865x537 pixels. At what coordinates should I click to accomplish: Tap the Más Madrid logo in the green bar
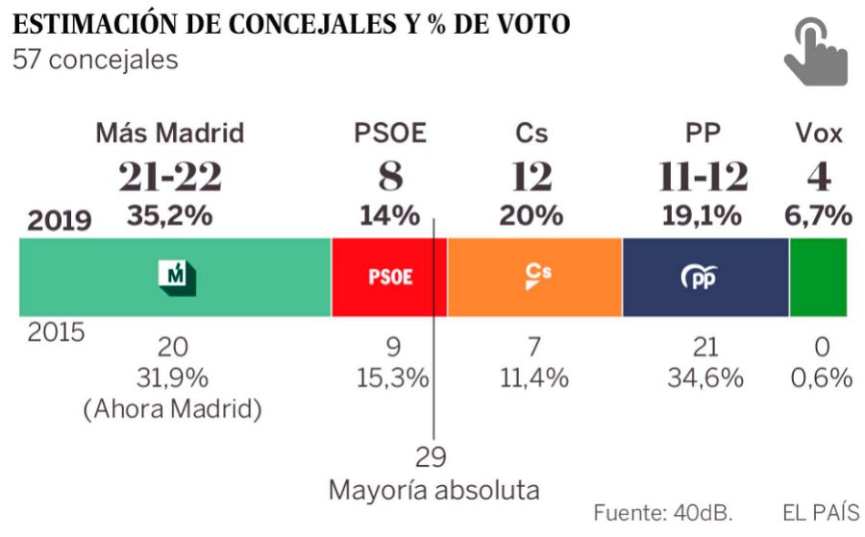pyautogui.click(x=176, y=277)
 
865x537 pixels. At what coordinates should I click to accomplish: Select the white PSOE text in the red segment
pyautogui.click(x=390, y=278)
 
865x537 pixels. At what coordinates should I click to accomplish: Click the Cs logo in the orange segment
pyautogui.click(x=537, y=277)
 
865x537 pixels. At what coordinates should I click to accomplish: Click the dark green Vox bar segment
pyautogui.click(x=818, y=278)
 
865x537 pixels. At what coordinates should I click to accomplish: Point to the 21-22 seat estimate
pyautogui.click(x=170, y=177)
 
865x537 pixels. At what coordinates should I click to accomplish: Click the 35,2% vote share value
pyautogui.click(x=170, y=216)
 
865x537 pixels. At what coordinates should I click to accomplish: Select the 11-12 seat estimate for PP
pyautogui.click(x=704, y=177)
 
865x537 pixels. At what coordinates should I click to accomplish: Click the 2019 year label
pyautogui.click(x=60, y=221)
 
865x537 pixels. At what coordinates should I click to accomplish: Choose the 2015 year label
pyautogui.click(x=56, y=333)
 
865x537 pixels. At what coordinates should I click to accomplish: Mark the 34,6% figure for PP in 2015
pyautogui.click(x=705, y=378)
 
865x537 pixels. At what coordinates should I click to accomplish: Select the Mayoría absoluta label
pyautogui.click(x=434, y=490)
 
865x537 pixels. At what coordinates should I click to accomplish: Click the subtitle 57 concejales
pyautogui.click(x=95, y=60)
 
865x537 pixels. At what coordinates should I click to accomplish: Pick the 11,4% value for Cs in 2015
pyautogui.click(x=534, y=378)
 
